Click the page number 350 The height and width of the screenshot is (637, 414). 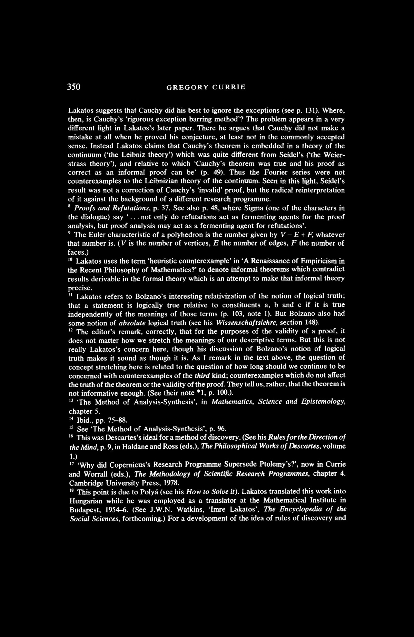[x=74, y=87]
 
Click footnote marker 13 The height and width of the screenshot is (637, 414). [x=70, y=400]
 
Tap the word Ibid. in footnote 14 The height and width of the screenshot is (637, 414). [x=84, y=420]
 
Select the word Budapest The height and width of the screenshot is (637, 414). [x=83, y=509]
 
